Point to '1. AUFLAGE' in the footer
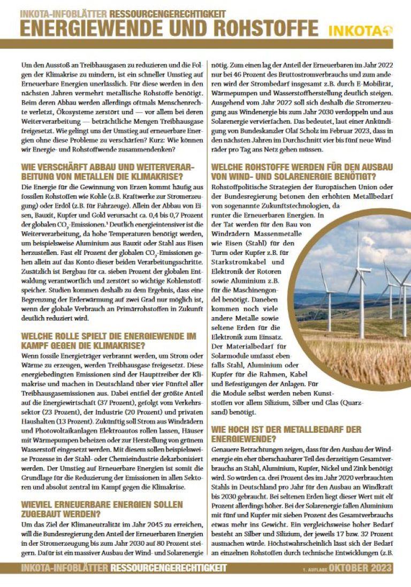pos(314,569)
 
